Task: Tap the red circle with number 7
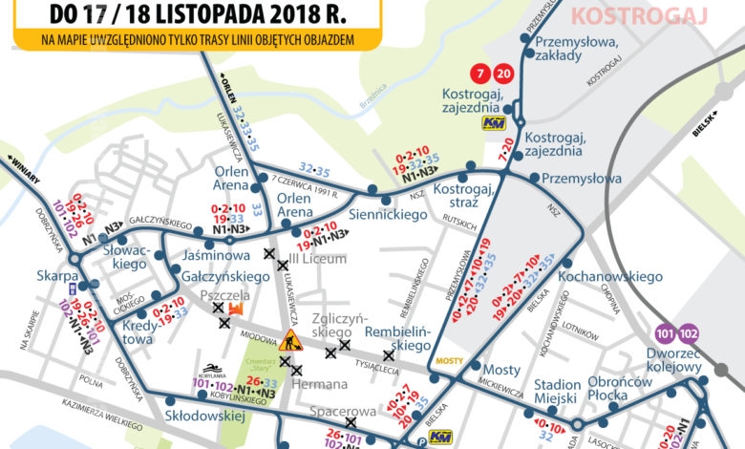point(483,75)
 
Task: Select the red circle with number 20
point(504,75)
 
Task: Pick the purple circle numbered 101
point(662,333)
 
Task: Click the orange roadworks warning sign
point(290,339)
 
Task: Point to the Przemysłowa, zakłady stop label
point(572,48)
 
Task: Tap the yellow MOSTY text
point(448,362)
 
